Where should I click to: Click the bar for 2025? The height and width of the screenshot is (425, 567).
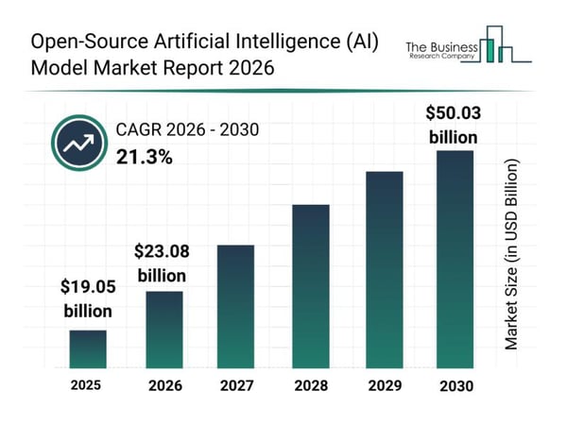(88, 348)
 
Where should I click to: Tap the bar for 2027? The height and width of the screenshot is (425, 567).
(236, 306)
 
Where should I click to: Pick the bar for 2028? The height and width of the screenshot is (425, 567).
(310, 285)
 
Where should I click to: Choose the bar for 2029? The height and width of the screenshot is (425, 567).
(384, 269)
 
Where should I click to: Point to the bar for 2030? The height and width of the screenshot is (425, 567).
(454, 259)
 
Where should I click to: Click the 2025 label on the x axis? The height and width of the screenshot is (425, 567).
(88, 385)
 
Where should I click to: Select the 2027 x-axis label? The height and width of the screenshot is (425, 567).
(236, 386)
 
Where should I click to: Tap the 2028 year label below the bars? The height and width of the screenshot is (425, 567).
(310, 386)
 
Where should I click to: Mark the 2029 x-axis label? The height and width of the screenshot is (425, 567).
(384, 386)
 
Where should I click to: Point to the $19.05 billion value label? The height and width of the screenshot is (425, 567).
(88, 298)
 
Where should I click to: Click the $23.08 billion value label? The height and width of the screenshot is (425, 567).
(163, 263)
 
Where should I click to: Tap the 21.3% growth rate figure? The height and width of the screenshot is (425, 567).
(144, 157)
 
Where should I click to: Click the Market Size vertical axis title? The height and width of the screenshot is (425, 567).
(512, 255)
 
